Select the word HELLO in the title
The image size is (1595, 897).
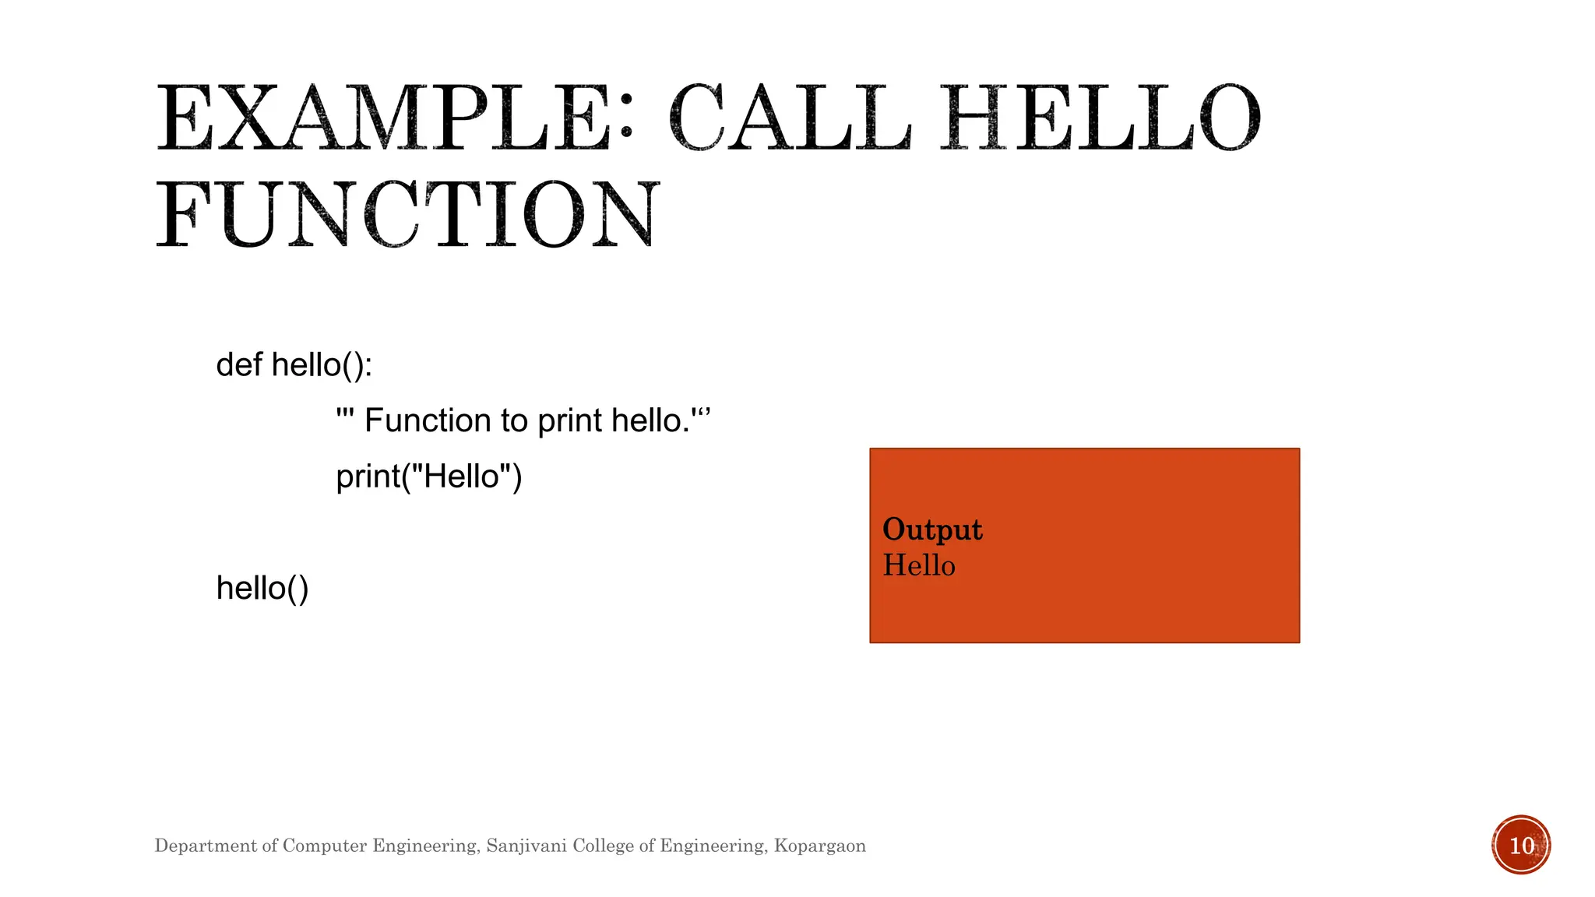(1099, 119)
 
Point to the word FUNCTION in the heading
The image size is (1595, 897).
(408, 215)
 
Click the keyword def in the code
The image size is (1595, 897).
(239, 364)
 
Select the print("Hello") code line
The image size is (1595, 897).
(428, 477)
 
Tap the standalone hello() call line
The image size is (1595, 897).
(262, 588)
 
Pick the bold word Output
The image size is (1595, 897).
(932, 530)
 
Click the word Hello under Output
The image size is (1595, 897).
(919, 565)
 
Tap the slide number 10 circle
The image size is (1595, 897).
(1521, 845)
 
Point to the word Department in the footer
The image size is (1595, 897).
(206, 846)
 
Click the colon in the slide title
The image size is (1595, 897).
(625, 121)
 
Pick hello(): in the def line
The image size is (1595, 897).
(322, 364)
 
